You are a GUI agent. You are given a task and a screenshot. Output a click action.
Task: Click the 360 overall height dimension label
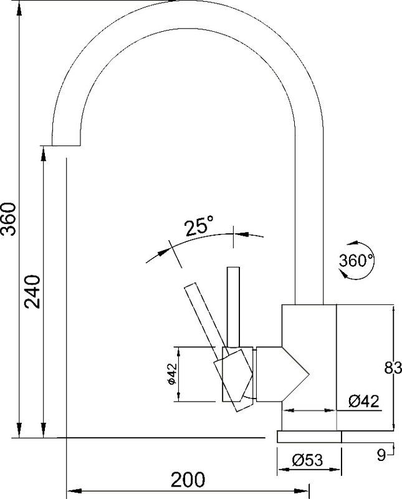[8, 219]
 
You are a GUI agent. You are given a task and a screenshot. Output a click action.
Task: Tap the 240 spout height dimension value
[33, 291]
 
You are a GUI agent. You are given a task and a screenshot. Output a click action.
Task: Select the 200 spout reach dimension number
[188, 480]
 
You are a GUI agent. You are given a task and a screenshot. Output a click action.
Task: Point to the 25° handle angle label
[199, 226]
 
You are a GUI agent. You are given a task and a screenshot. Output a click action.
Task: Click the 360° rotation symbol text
[356, 260]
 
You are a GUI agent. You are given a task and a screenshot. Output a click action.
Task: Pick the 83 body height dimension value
[393, 368]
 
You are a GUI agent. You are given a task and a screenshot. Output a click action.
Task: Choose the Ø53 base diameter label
[307, 460]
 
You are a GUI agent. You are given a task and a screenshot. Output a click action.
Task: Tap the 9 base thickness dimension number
[381, 455]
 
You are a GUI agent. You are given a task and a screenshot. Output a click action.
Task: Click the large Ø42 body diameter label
[364, 401]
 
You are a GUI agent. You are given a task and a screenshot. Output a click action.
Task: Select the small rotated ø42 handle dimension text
[171, 374]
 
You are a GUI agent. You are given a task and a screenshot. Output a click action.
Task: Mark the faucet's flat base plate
[309, 437]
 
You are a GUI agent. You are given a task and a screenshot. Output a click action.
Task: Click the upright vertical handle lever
[233, 307]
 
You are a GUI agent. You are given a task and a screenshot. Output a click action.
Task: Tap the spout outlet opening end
[66, 146]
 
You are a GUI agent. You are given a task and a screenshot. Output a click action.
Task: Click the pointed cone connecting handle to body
[282, 374]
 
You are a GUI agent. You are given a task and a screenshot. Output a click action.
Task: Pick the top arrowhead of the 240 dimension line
[44, 153]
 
